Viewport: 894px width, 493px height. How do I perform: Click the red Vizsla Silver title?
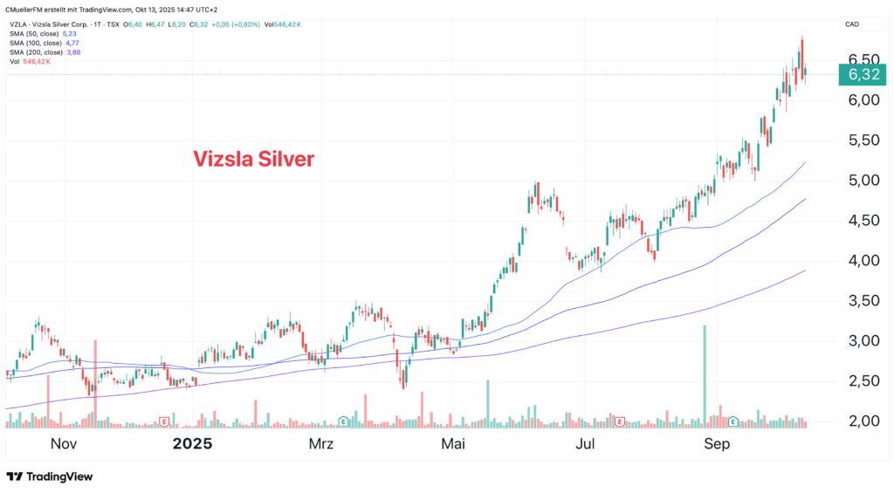point(252,159)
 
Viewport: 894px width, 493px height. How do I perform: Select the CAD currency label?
point(853,25)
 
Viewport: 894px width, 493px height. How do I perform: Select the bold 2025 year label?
point(192,443)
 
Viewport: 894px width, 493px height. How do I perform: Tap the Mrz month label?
point(321,443)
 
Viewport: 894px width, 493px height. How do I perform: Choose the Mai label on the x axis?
point(453,443)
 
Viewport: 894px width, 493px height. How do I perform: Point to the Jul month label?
point(586,443)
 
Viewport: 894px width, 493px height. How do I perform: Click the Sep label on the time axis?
point(718,443)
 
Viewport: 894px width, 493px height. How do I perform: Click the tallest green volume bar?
point(704,375)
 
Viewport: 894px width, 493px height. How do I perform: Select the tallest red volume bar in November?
point(94,384)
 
